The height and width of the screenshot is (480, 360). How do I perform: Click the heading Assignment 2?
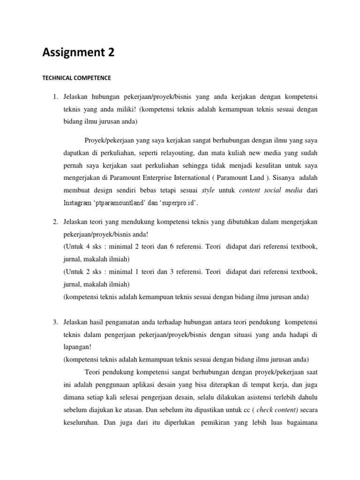click(78, 52)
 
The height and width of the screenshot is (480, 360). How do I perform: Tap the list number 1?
click(54, 97)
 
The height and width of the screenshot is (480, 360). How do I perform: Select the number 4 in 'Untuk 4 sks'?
click(87, 246)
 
